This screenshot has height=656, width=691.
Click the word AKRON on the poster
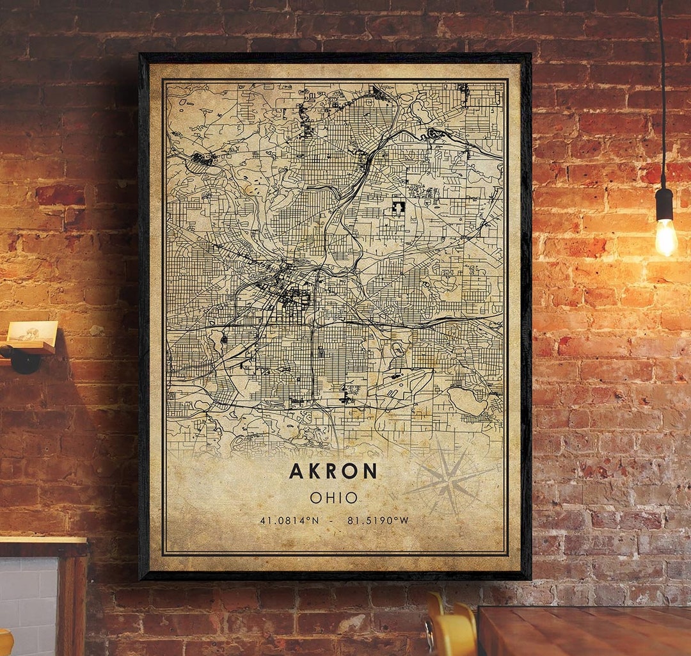[333, 472]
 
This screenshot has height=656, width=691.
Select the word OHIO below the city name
[333, 497]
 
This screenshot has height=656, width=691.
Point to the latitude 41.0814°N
[289, 520]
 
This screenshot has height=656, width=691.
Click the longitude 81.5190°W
[378, 520]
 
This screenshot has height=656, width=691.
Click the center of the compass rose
[450, 481]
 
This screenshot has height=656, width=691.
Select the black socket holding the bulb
[664, 204]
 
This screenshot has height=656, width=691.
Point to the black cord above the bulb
[662, 96]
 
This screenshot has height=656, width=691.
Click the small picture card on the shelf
[32, 332]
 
